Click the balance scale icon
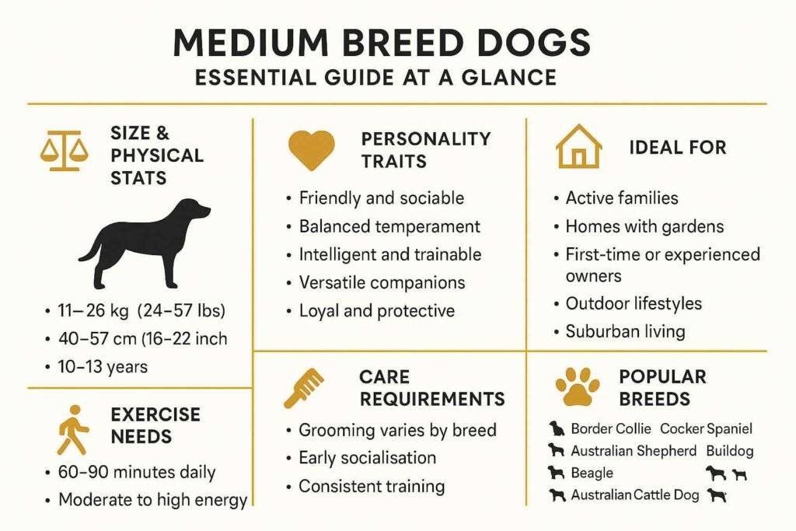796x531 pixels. [x=59, y=151]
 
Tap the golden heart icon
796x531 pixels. [x=311, y=149]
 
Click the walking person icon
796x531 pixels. [x=74, y=428]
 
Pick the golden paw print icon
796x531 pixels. [x=578, y=386]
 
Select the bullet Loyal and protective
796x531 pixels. [x=376, y=311]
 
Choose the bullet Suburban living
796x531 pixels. [x=625, y=331]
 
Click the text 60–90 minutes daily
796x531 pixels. [x=137, y=472]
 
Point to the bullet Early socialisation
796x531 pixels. [x=367, y=458]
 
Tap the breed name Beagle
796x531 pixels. [x=592, y=473]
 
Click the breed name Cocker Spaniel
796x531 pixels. [x=706, y=428]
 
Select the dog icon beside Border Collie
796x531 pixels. [x=556, y=428]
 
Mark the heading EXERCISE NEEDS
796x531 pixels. [x=155, y=425]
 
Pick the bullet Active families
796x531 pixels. [x=621, y=198]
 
